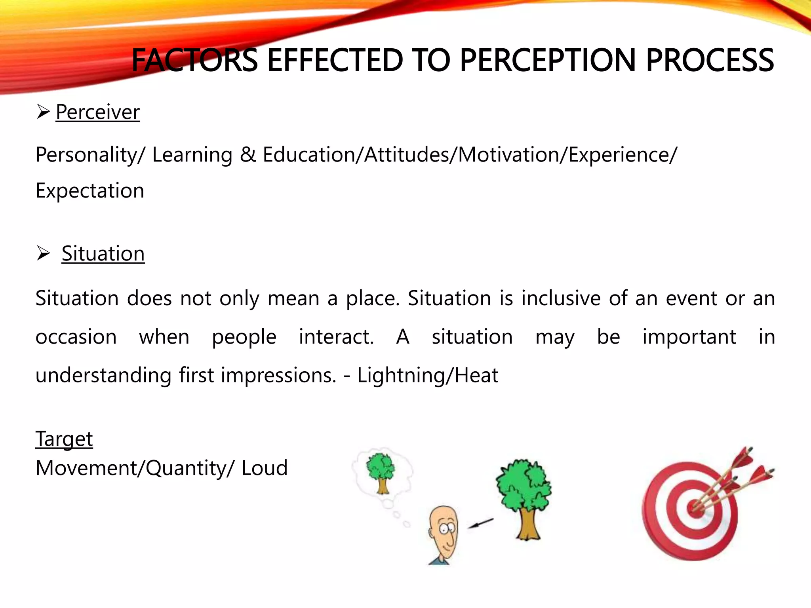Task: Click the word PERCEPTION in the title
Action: point(548,61)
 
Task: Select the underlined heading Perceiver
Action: point(97,112)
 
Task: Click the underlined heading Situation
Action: point(103,254)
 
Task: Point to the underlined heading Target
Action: point(64,439)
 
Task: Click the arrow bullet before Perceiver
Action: point(43,112)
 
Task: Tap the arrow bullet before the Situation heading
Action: point(43,253)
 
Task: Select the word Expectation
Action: point(90,191)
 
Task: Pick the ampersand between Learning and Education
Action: point(248,154)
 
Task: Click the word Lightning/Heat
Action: point(428,375)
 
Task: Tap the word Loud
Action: point(265,468)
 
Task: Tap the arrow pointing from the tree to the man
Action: point(481,523)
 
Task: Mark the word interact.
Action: point(336,337)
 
